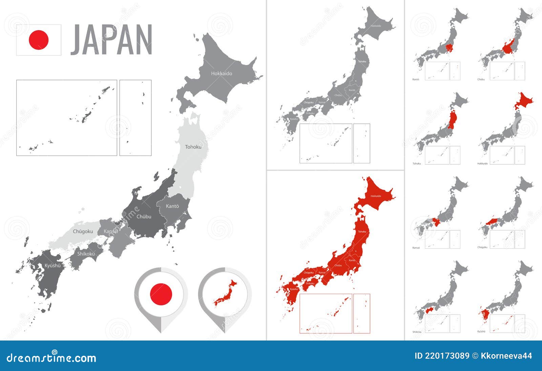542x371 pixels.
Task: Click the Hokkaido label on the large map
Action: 222,74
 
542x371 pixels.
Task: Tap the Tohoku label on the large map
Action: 193,147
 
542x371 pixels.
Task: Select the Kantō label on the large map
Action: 172,206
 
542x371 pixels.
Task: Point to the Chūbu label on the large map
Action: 144,217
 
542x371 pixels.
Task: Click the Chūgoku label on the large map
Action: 83,231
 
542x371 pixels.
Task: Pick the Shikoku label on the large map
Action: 86,254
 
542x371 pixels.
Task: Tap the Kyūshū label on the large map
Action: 53,266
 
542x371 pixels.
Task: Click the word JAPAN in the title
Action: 111,40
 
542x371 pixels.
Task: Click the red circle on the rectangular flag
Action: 39,40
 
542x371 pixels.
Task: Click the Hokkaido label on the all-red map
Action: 376,196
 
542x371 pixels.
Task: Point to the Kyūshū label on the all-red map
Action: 294,289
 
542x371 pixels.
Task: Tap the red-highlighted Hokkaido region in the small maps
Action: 523,101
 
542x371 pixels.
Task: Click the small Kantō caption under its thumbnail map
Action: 416,79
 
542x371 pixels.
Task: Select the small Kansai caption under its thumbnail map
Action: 416,248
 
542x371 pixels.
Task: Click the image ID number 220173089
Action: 442,356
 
